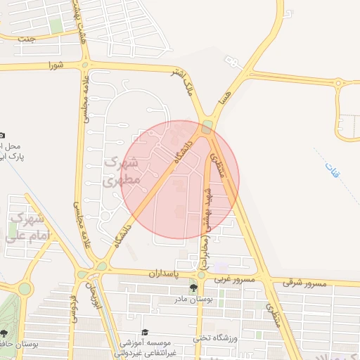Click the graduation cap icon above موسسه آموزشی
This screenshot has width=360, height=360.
click(x=146, y=332)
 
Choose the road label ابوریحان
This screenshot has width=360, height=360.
click(x=90, y=303)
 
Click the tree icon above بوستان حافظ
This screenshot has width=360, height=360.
click(x=5, y=333)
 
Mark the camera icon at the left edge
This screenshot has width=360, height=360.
click(x=3, y=135)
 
